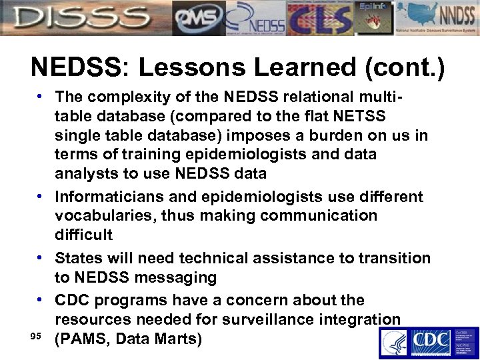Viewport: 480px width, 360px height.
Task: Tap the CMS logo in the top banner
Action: click(x=198, y=18)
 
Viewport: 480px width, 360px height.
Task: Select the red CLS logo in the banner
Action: click(x=318, y=18)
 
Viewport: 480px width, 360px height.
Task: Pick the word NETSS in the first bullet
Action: click(x=359, y=117)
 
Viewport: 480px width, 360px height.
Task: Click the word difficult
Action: click(x=83, y=235)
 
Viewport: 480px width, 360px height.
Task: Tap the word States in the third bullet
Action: click(x=77, y=257)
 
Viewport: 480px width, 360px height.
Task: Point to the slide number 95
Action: click(x=38, y=335)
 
